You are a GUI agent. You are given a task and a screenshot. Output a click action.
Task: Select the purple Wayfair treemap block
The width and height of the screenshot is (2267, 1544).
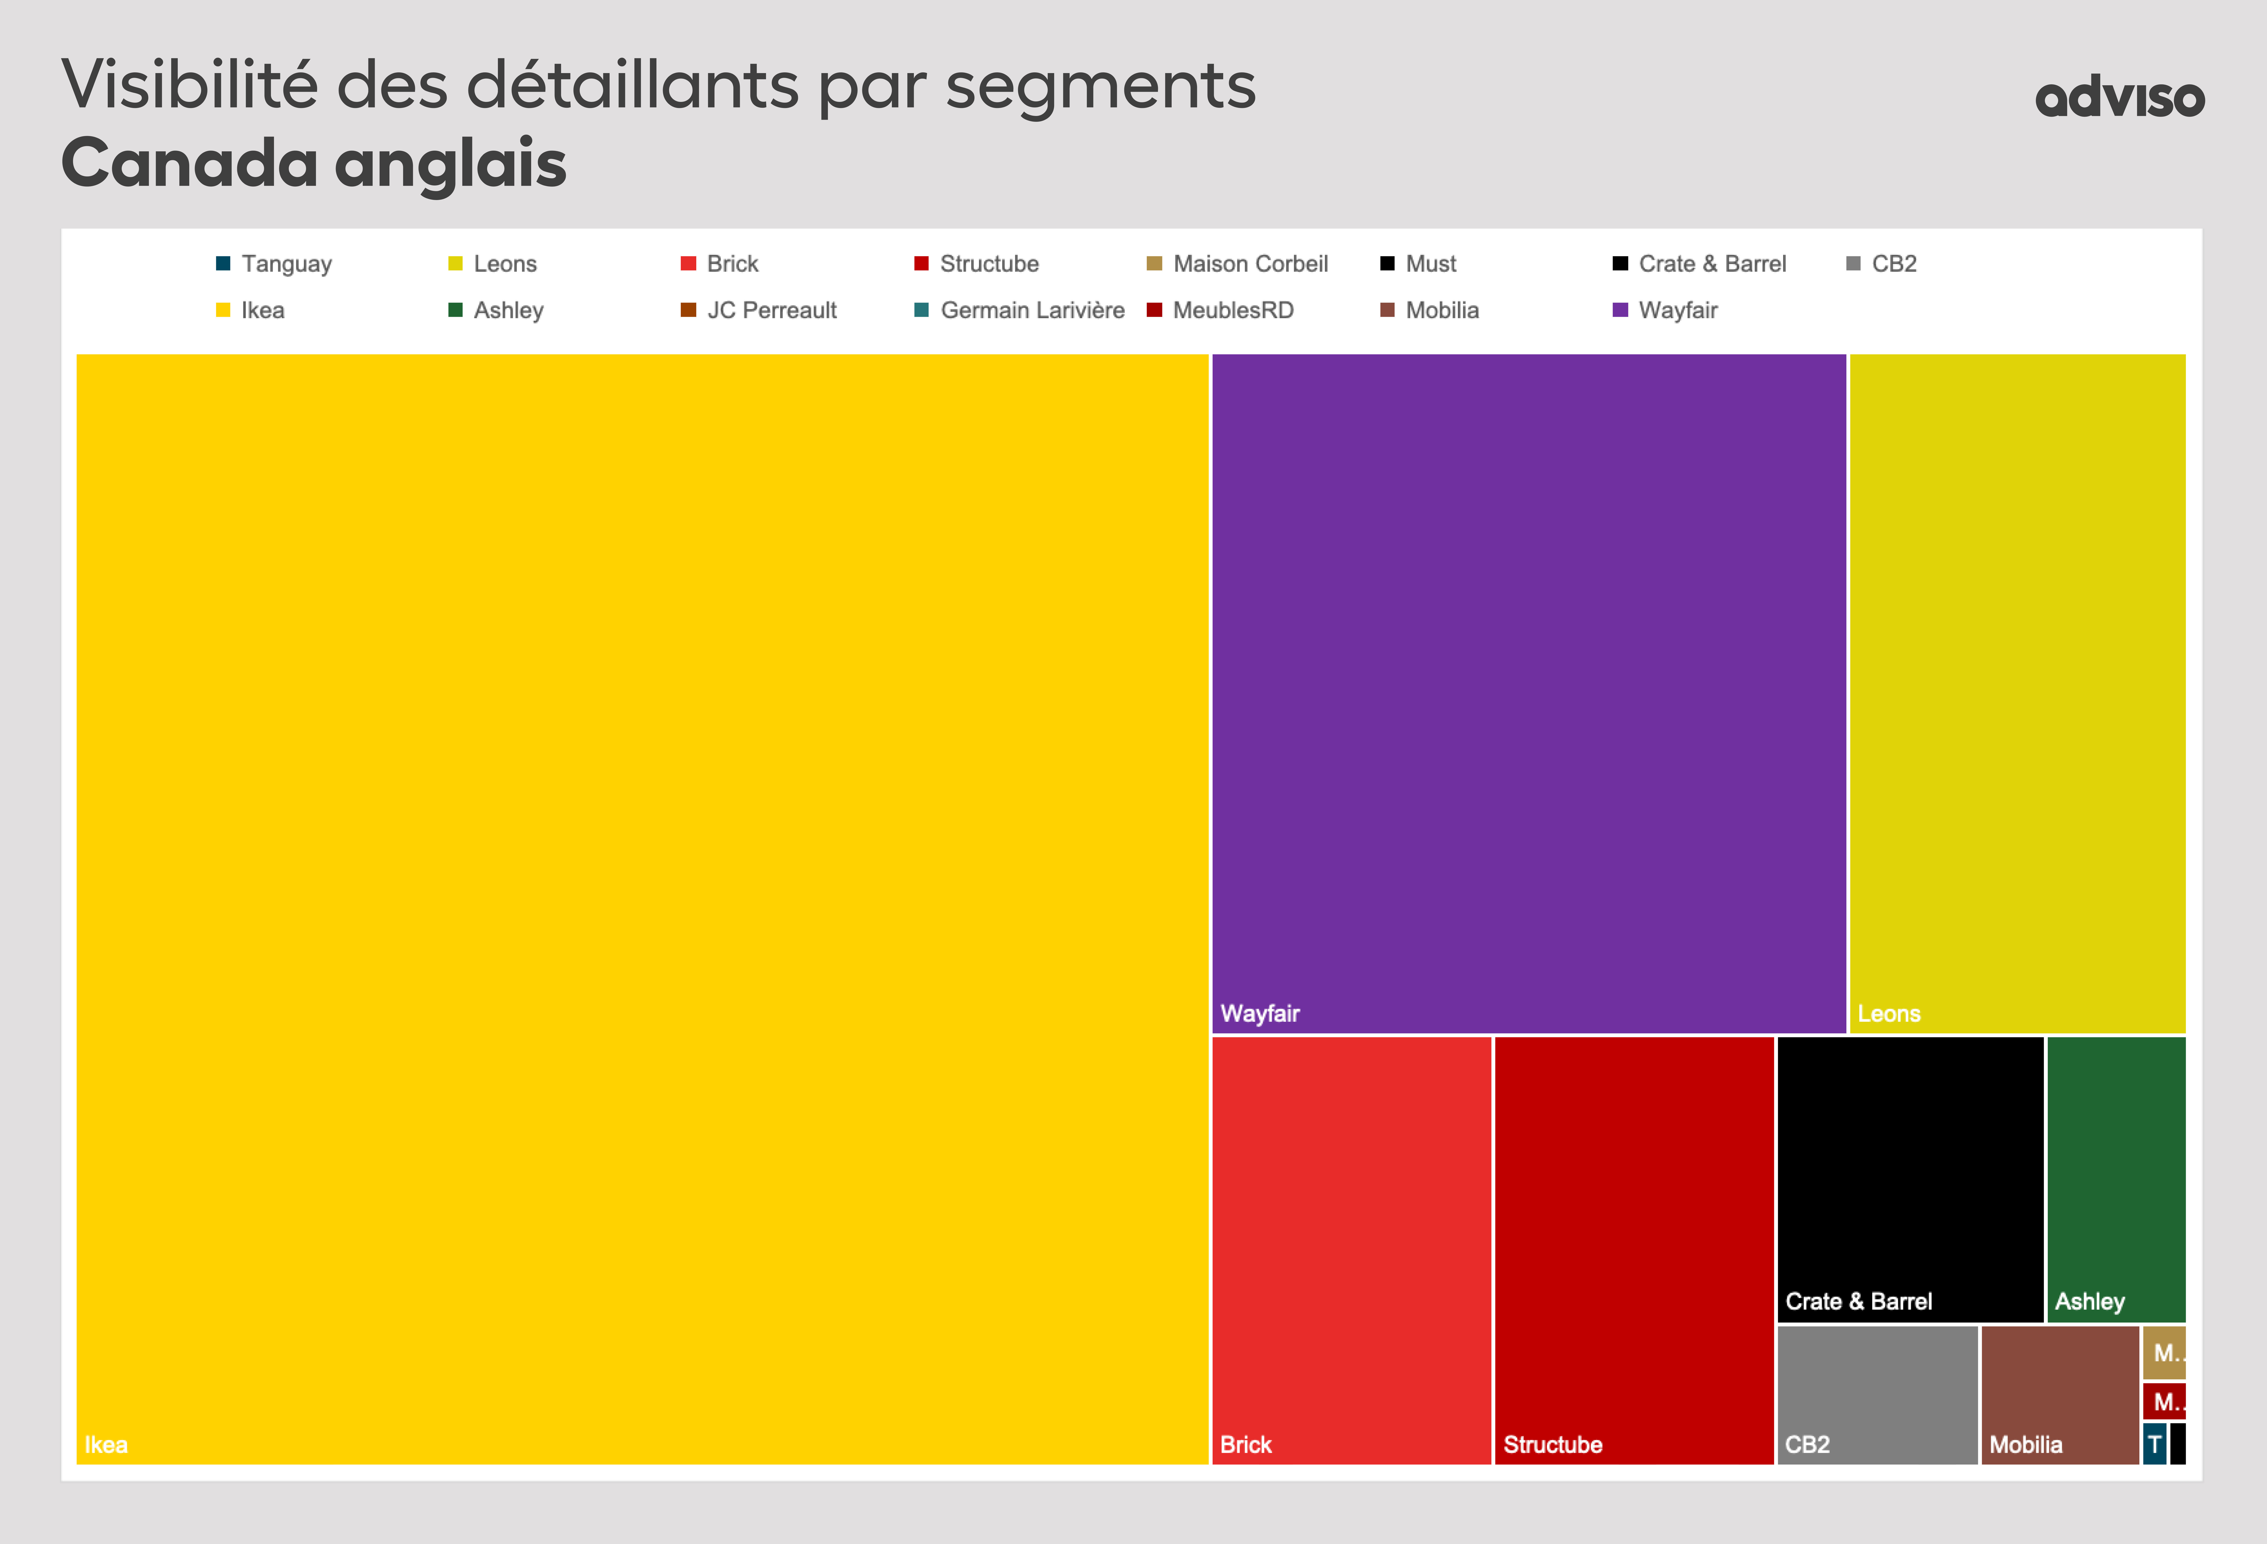[1528, 693]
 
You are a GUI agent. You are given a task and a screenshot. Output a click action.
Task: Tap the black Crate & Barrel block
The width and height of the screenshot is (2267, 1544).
[1909, 1178]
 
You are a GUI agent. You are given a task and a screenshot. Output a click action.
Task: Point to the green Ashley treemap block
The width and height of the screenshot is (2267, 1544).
[2115, 1178]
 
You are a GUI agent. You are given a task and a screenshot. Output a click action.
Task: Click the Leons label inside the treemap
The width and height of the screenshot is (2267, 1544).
[1889, 1013]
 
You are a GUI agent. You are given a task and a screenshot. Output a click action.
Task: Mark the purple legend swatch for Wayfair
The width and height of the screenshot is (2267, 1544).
[1620, 310]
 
